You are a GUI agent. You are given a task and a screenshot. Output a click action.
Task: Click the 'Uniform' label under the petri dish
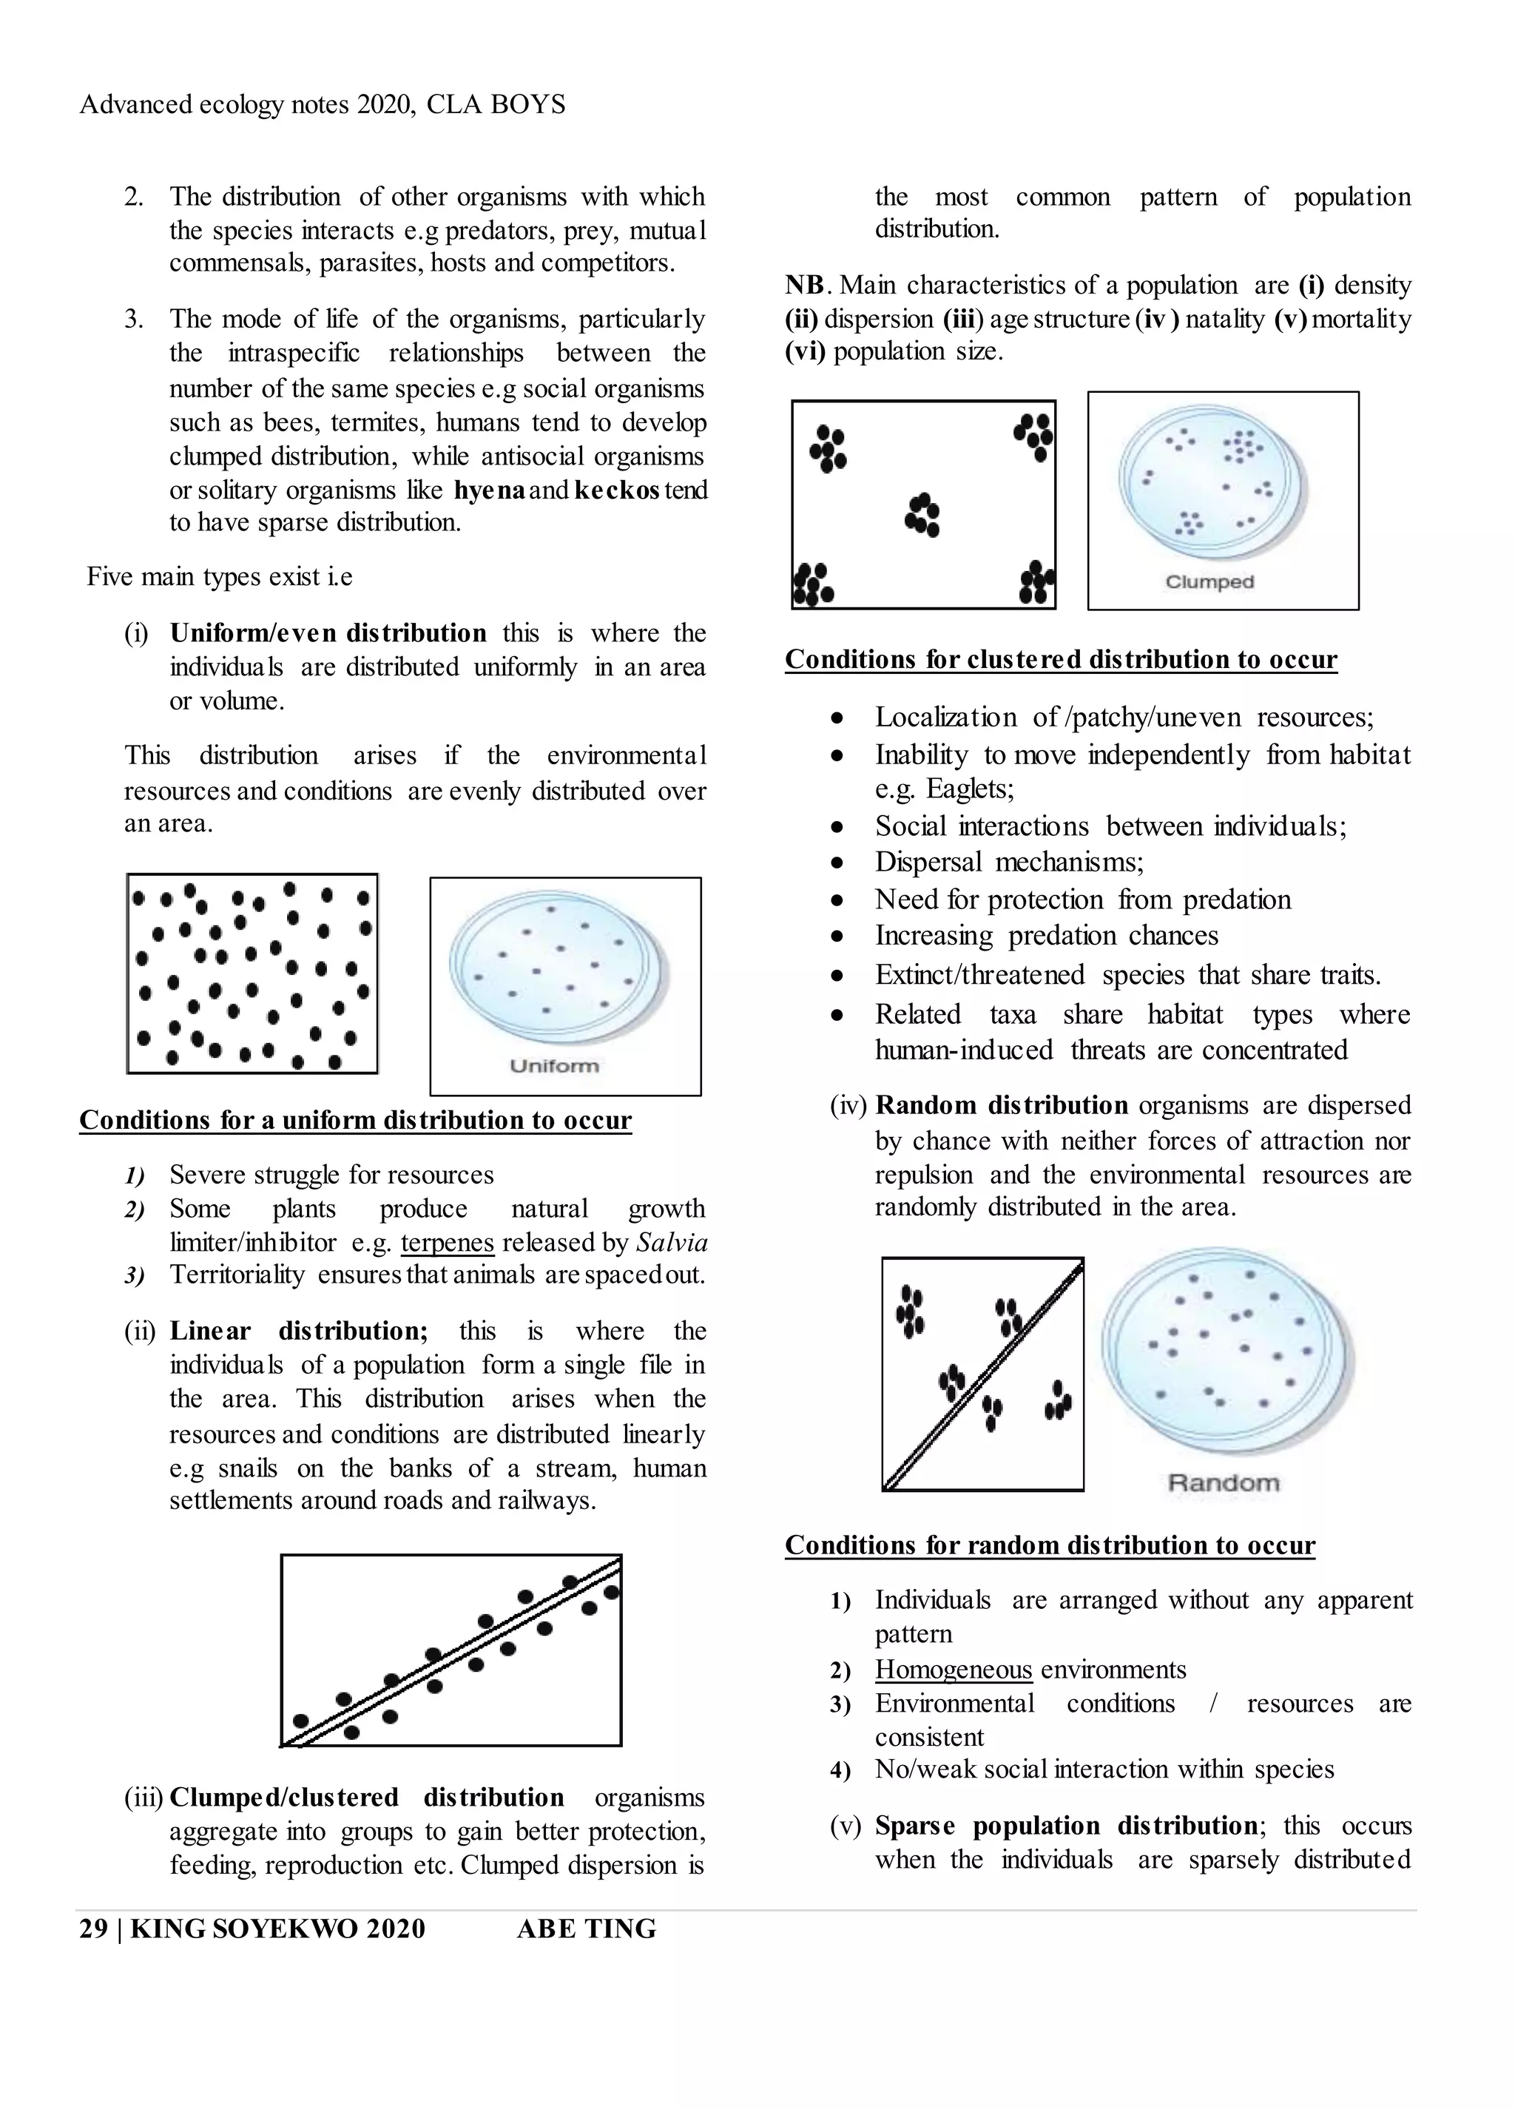(x=554, y=1066)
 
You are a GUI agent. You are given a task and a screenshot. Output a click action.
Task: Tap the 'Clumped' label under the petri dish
(x=1209, y=582)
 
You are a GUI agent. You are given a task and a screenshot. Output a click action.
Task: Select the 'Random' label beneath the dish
(x=1223, y=1482)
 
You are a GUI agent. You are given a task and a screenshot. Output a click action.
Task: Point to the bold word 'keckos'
(x=617, y=490)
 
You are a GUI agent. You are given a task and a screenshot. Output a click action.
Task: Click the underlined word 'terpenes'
(x=448, y=1242)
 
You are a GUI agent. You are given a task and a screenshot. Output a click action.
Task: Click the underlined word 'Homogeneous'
(x=954, y=1669)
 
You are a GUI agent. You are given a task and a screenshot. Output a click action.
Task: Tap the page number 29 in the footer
(x=93, y=1929)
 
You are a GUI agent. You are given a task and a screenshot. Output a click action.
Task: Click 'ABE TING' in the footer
(x=586, y=1929)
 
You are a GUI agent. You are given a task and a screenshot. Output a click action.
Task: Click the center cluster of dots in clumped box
(x=922, y=514)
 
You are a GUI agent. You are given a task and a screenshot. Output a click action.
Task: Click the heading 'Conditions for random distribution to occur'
(x=1049, y=1545)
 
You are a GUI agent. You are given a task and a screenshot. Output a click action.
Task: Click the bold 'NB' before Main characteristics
(x=804, y=286)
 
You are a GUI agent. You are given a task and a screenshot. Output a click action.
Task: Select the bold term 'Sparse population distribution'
(x=1066, y=1826)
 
